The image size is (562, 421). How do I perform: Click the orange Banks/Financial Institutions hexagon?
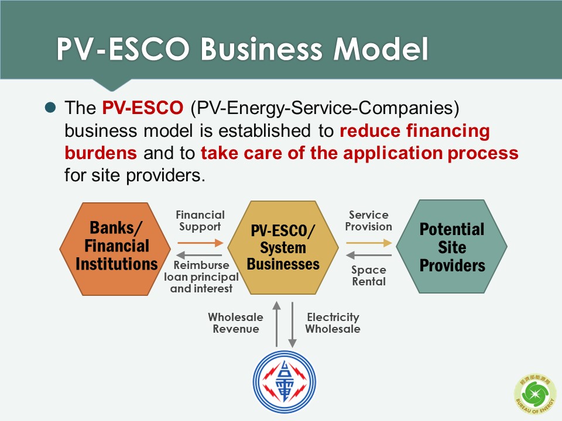pos(115,249)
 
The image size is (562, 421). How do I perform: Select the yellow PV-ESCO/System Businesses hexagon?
pos(283,248)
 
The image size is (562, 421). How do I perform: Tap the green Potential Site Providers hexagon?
pos(451,247)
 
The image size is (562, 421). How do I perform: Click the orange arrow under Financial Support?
pos(200,243)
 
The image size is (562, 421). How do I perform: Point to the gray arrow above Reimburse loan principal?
pos(199,256)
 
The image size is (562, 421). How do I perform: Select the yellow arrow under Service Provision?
pos(369,243)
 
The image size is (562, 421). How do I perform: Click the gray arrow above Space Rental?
pos(368,256)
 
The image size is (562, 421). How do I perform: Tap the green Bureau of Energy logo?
pos(535,394)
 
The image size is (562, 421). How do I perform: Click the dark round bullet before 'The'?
pos(50,108)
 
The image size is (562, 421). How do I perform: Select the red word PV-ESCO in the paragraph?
pos(143,108)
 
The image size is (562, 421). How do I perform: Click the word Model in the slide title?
pos(381,49)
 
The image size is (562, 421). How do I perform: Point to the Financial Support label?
pos(200,221)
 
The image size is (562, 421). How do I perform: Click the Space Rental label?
pos(369,275)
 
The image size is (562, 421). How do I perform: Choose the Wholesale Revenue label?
pos(235,323)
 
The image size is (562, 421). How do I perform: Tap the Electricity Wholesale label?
pos(333,323)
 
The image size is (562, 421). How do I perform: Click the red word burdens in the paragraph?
pos(101,153)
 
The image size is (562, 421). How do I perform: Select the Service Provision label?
pos(368,220)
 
